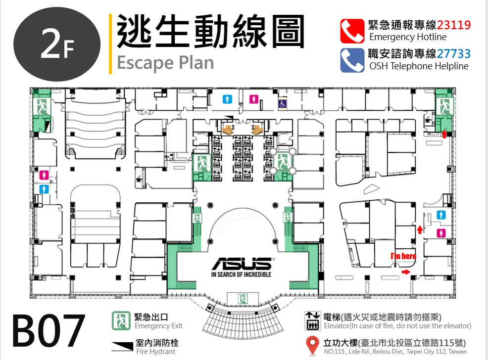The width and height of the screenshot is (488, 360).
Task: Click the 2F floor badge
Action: point(57,45)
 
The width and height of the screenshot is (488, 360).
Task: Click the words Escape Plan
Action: point(165,63)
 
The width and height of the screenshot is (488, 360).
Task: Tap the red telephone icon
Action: point(352,31)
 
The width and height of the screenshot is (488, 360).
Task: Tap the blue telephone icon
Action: point(352,60)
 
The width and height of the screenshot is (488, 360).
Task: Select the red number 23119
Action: point(454,25)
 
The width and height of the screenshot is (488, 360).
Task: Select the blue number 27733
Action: point(454,54)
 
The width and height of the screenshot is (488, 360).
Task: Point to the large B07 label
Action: point(49,331)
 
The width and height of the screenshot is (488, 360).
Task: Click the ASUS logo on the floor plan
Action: point(242,264)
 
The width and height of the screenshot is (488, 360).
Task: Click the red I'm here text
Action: point(403,256)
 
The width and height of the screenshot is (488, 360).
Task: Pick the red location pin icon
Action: point(312,345)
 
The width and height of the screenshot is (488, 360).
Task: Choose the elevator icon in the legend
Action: point(312,321)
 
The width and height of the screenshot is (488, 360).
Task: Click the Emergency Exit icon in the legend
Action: point(121,321)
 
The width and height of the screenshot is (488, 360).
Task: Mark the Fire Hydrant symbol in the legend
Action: point(122,346)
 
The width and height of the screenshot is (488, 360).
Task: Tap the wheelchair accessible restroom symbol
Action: point(282,103)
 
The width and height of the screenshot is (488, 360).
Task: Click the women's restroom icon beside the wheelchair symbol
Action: point(254,99)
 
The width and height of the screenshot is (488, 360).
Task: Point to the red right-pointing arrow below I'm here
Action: point(406,272)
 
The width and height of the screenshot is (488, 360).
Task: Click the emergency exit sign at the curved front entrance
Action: point(243,299)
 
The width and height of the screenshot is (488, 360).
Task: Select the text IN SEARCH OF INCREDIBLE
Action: point(241,274)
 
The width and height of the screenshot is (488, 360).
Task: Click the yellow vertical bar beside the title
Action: point(110,44)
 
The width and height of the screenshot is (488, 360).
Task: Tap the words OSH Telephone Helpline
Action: point(419,66)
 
